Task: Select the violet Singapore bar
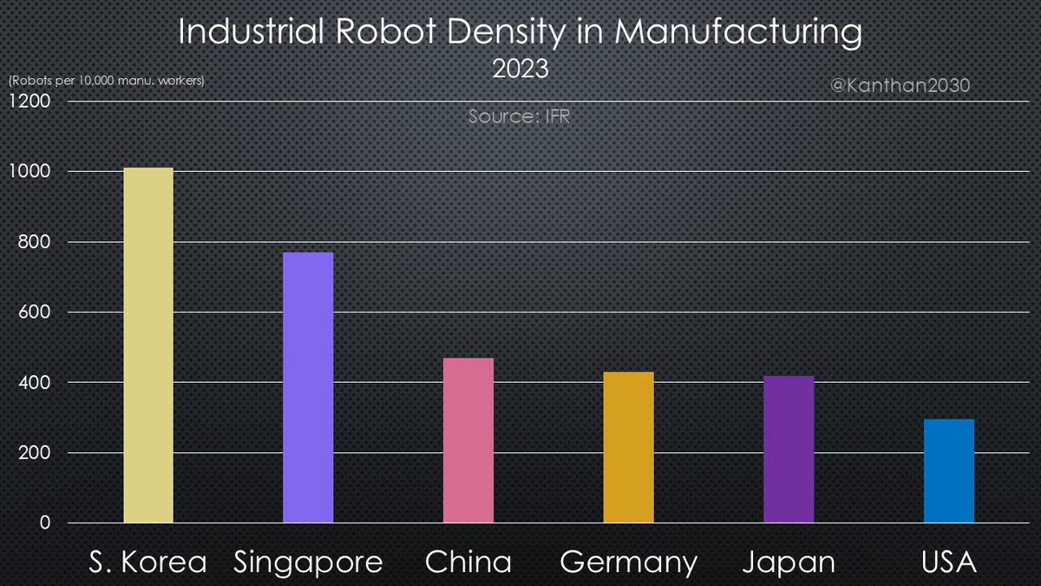pyautogui.click(x=308, y=388)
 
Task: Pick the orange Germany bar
pyautogui.click(x=628, y=448)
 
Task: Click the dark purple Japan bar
pyautogui.click(x=789, y=450)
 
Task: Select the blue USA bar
pyautogui.click(x=948, y=471)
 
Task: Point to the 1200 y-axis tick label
pyautogui.click(x=30, y=102)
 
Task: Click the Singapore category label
pyautogui.click(x=308, y=563)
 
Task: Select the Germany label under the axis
pyautogui.click(x=628, y=563)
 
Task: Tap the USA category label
pyautogui.click(x=948, y=563)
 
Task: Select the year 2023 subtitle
pyautogui.click(x=520, y=69)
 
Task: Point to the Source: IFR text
pyautogui.click(x=519, y=115)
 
